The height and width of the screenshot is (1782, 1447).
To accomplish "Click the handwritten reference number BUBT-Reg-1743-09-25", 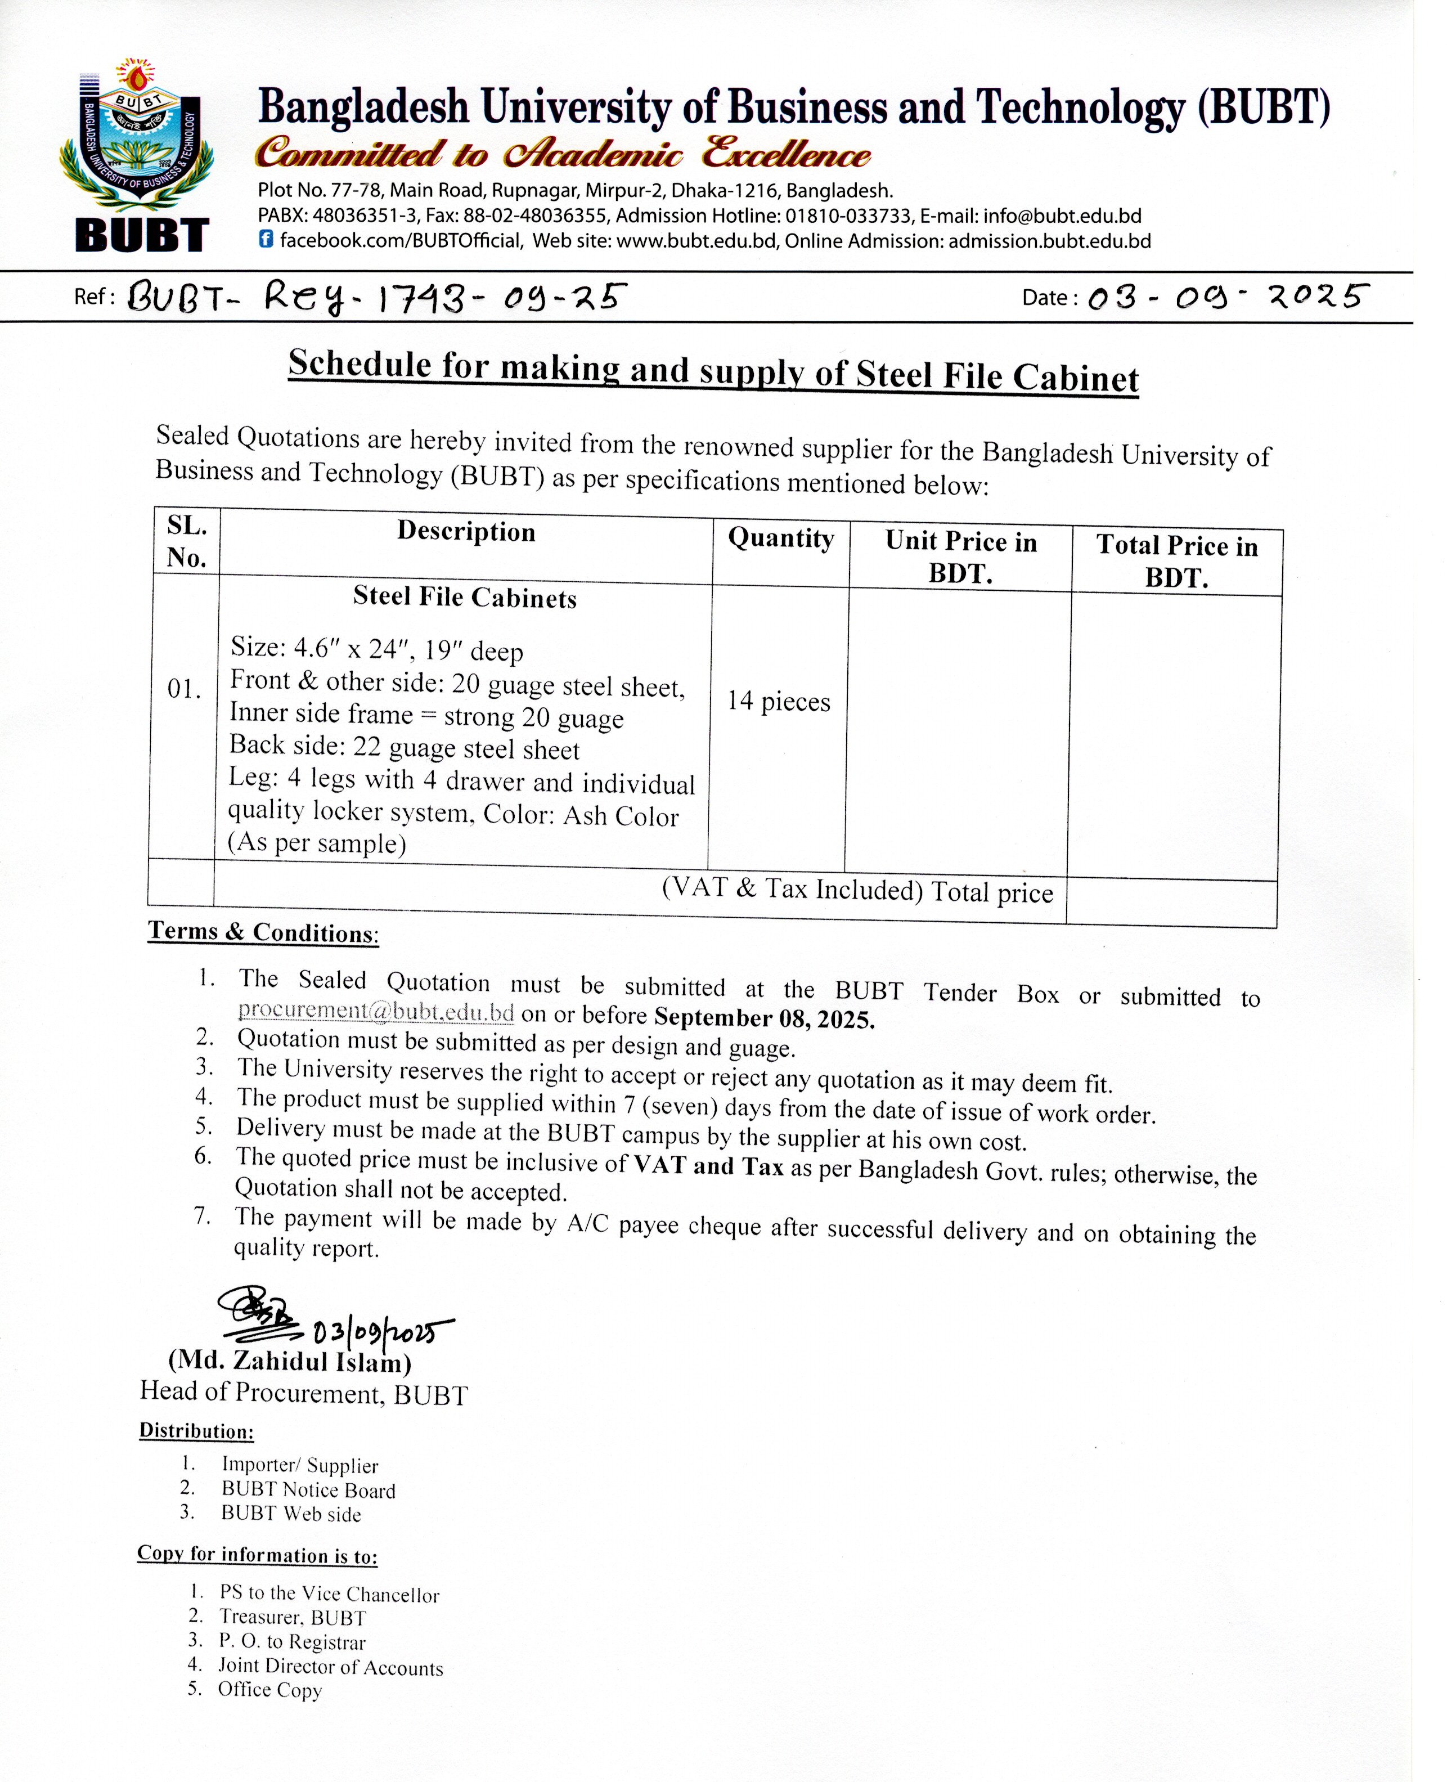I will [375, 298].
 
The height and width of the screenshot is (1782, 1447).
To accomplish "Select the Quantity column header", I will [780, 538].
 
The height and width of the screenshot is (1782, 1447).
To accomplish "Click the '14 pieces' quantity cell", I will [779, 701].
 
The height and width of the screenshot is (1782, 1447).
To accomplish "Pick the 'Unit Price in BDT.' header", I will [960, 557].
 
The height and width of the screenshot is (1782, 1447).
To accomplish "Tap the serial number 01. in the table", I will [184, 689].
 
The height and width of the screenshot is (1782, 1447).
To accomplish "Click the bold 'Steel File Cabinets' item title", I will [464, 597].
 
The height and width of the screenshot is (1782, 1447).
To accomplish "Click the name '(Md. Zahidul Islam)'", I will [290, 1361].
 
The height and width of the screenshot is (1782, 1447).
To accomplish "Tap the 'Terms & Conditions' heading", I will [263, 932].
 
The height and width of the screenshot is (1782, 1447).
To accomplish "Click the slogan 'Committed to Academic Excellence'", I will [563, 154].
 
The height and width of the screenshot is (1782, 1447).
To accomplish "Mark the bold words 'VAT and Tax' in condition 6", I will [708, 1165].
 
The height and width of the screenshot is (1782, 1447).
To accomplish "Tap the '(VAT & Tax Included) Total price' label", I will [857, 890].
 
